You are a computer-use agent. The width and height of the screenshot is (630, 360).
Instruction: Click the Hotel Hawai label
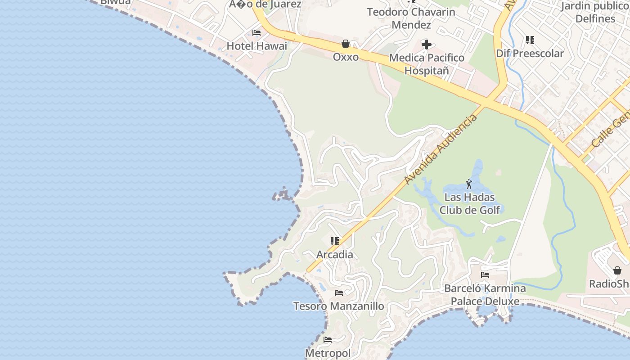pyautogui.click(x=256, y=46)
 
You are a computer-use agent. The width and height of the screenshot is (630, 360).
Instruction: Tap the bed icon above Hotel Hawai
pyautogui.click(x=256, y=33)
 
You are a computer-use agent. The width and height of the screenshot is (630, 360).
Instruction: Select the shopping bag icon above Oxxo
pyautogui.click(x=346, y=44)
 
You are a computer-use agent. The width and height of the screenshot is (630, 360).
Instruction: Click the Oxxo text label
pyautogui.click(x=346, y=57)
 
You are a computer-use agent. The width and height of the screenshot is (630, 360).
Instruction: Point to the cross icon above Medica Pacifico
pyautogui.click(x=426, y=45)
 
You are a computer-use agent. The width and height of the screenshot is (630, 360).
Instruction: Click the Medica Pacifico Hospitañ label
pyautogui.click(x=427, y=64)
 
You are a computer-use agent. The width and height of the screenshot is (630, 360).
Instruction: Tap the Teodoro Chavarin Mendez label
pyautogui.click(x=411, y=18)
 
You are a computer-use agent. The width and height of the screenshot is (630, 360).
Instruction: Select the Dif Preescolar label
pyautogui.click(x=530, y=54)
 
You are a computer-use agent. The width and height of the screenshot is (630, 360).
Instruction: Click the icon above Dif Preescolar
pyautogui.click(x=530, y=40)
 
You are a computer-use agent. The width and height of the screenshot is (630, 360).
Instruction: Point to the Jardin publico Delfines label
pyautogui.click(x=595, y=12)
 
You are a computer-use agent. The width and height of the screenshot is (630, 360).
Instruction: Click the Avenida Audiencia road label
pyautogui.click(x=441, y=149)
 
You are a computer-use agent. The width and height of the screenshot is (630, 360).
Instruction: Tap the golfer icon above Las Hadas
pyautogui.click(x=469, y=184)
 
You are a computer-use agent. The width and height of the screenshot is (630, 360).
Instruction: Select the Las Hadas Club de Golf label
pyautogui.click(x=469, y=203)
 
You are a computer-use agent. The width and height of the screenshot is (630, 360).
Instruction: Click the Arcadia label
pyautogui.click(x=335, y=255)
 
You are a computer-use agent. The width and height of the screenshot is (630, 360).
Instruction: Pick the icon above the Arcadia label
pyautogui.click(x=335, y=241)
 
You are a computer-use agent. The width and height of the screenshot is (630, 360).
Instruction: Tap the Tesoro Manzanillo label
pyautogui.click(x=339, y=306)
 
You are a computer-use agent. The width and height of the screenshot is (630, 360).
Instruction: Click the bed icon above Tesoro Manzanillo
pyautogui.click(x=339, y=293)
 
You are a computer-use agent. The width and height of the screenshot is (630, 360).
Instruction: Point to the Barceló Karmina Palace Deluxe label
pyautogui.click(x=485, y=295)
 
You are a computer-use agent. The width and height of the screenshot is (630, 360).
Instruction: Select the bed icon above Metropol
pyautogui.click(x=328, y=340)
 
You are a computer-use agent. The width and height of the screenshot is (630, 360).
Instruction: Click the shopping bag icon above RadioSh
pyautogui.click(x=617, y=270)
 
